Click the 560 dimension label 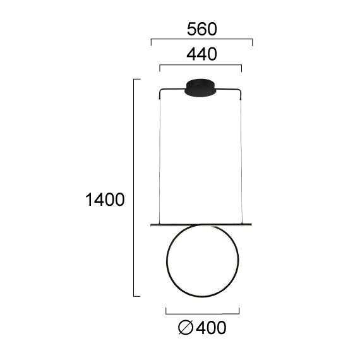tap(201, 29)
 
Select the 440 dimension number tap(201, 55)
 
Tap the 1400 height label tap(105, 200)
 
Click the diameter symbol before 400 tap(186, 328)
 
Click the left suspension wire tap(159, 158)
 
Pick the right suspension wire tap(243, 158)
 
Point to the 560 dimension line tap(201, 39)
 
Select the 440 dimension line tap(201, 64)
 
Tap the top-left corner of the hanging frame tap(160, 90)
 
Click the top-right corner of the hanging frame tap(243, 90)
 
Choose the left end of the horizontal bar tap(151, 224)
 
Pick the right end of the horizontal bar tap(252, 224)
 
